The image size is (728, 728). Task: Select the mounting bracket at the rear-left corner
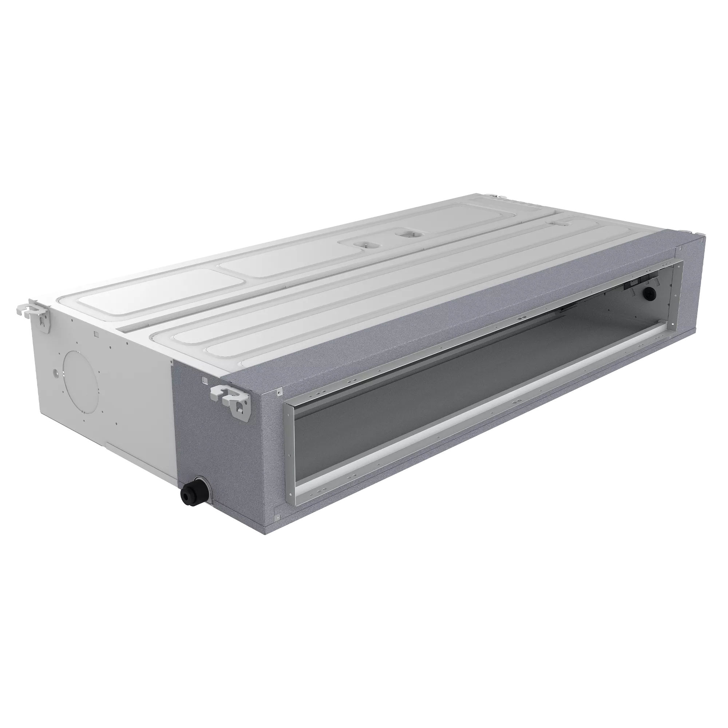click(35, 311)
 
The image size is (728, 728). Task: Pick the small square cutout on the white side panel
click(96, 333)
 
